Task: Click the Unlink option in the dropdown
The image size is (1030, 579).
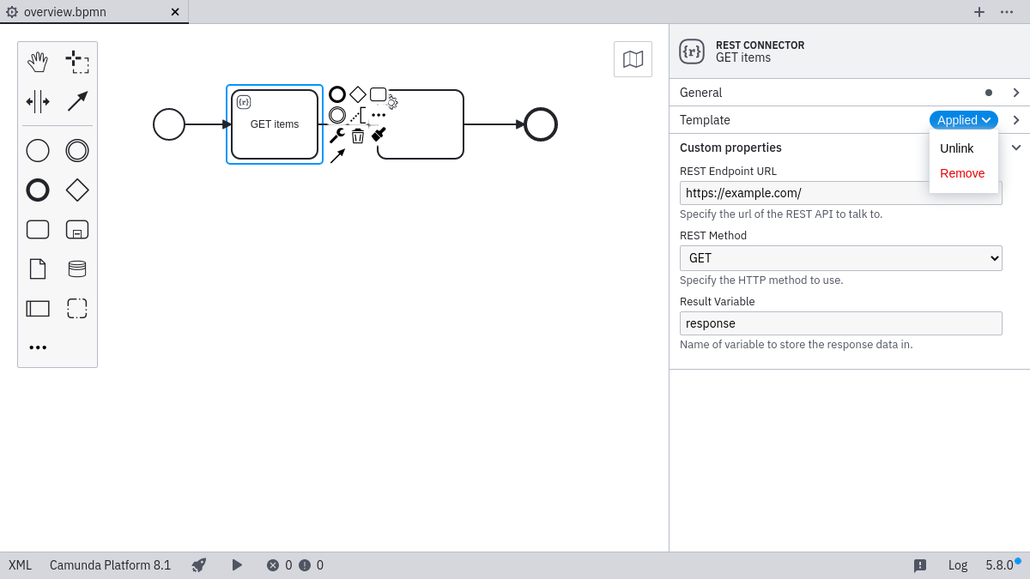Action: pos(956,148)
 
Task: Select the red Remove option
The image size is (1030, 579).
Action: pos(962,173)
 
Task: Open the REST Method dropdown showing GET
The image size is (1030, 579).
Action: pos(840,258)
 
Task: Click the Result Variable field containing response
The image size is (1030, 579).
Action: pos(840,323)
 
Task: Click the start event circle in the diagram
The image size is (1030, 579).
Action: pos(169,124)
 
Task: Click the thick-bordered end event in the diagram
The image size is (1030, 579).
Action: pos(541,124)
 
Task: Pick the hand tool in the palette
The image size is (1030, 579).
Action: pos(38,62)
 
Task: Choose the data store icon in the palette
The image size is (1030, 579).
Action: pos(77,269)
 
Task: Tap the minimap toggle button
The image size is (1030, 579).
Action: pos(633,59)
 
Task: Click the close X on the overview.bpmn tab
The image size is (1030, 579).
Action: pos(175,12)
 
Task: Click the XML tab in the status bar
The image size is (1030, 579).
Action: pos(20,565)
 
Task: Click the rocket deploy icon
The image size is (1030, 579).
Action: pos(199,565)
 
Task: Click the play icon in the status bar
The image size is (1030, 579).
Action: pos(237,565)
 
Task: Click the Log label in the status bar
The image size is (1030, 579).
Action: pos(957,565)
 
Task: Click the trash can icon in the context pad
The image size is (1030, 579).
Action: pos(358,136)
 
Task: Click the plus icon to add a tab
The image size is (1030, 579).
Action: pos(978,12)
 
